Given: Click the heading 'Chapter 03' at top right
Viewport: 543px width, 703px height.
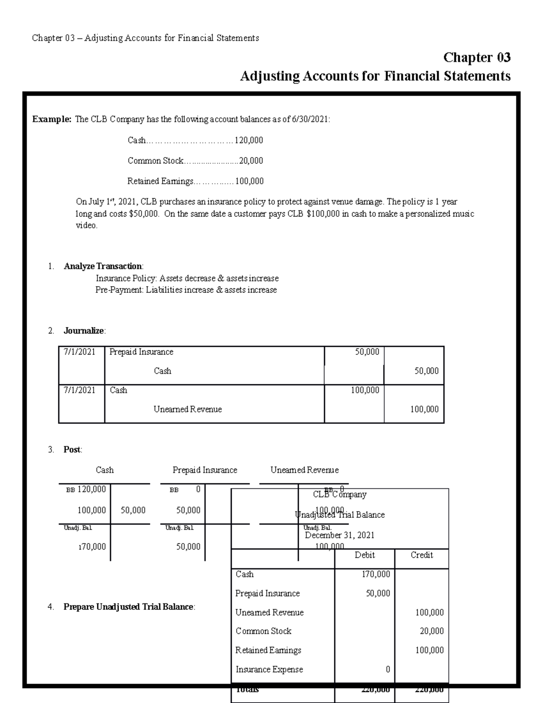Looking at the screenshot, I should (x=476, y=57).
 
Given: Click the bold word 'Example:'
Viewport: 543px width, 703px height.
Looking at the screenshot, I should (x=52, y=120).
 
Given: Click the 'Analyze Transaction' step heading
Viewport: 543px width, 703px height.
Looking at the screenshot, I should (x=103, y=266).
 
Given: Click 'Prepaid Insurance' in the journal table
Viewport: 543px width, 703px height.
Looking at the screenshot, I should (x=141, y=352).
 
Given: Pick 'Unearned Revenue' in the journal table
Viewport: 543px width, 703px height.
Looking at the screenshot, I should (x=187, y=409).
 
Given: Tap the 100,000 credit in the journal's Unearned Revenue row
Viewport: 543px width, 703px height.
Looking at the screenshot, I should (x=424, y=409).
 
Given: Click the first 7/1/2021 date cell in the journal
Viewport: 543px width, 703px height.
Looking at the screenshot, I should (x=79, y=352).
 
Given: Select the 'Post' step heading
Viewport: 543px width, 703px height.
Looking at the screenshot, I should (x=72, y=450).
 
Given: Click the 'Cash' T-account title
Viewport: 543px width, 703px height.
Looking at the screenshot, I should (x=105, y=470).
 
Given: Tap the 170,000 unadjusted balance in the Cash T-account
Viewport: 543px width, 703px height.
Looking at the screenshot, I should (x=92, y=546).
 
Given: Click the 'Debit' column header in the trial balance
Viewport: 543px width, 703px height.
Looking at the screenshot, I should (x=364, y=555).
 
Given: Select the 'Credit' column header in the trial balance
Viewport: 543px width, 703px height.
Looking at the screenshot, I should (x=421, y=555).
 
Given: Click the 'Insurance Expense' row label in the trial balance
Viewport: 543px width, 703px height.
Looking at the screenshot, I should (x=269, y=669).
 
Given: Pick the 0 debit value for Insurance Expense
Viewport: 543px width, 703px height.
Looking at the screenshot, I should (x=387, y=669).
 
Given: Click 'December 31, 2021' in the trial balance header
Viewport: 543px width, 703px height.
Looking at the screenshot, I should (x=339, y=535).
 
